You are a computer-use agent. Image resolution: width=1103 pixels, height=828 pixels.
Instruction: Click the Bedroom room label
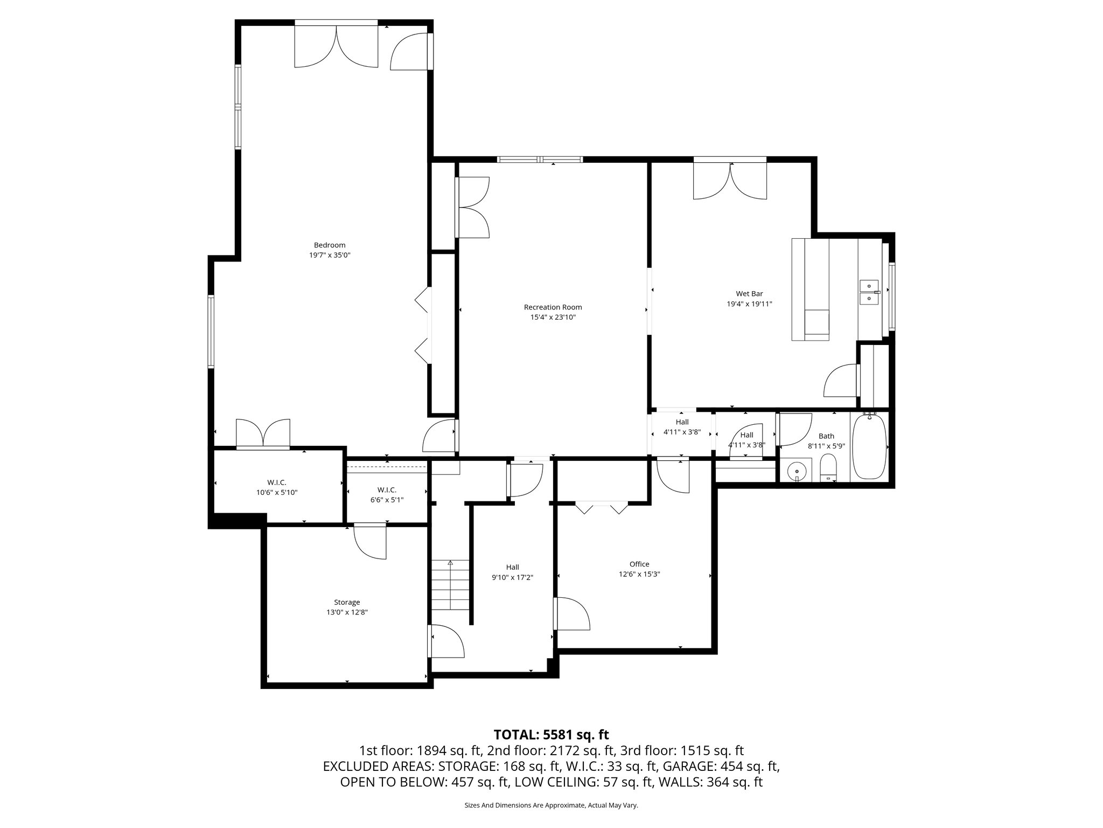(x=330, y=245)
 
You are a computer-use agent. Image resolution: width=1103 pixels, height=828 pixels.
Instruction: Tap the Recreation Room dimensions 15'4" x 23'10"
(x=553, y=318)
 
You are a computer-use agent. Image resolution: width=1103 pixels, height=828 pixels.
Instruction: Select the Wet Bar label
(x=749, y=294)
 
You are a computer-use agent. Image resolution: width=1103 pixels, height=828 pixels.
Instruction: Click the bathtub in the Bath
(x=869, y=446)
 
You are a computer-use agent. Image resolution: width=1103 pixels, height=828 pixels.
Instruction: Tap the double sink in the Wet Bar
(x=869, y=292)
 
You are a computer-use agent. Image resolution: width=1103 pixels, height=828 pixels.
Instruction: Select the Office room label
(x=639, y=564)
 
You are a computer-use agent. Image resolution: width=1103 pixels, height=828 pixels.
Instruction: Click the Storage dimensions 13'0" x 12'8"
(x=347, y=612)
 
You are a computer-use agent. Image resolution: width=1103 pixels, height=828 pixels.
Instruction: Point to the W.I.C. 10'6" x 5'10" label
(x=277, y=487)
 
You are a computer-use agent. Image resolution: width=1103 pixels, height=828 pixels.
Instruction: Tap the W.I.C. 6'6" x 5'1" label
(x=387, y=495)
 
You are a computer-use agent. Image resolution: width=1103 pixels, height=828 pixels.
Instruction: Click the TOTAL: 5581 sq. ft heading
(x=551, y=734)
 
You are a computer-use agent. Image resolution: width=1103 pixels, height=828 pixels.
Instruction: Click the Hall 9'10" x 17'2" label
(x=512, y=572)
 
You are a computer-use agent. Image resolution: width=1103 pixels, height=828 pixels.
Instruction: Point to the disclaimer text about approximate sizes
(x=551, y=805)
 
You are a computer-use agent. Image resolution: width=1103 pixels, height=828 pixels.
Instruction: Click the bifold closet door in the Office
(x=602, y=508)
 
